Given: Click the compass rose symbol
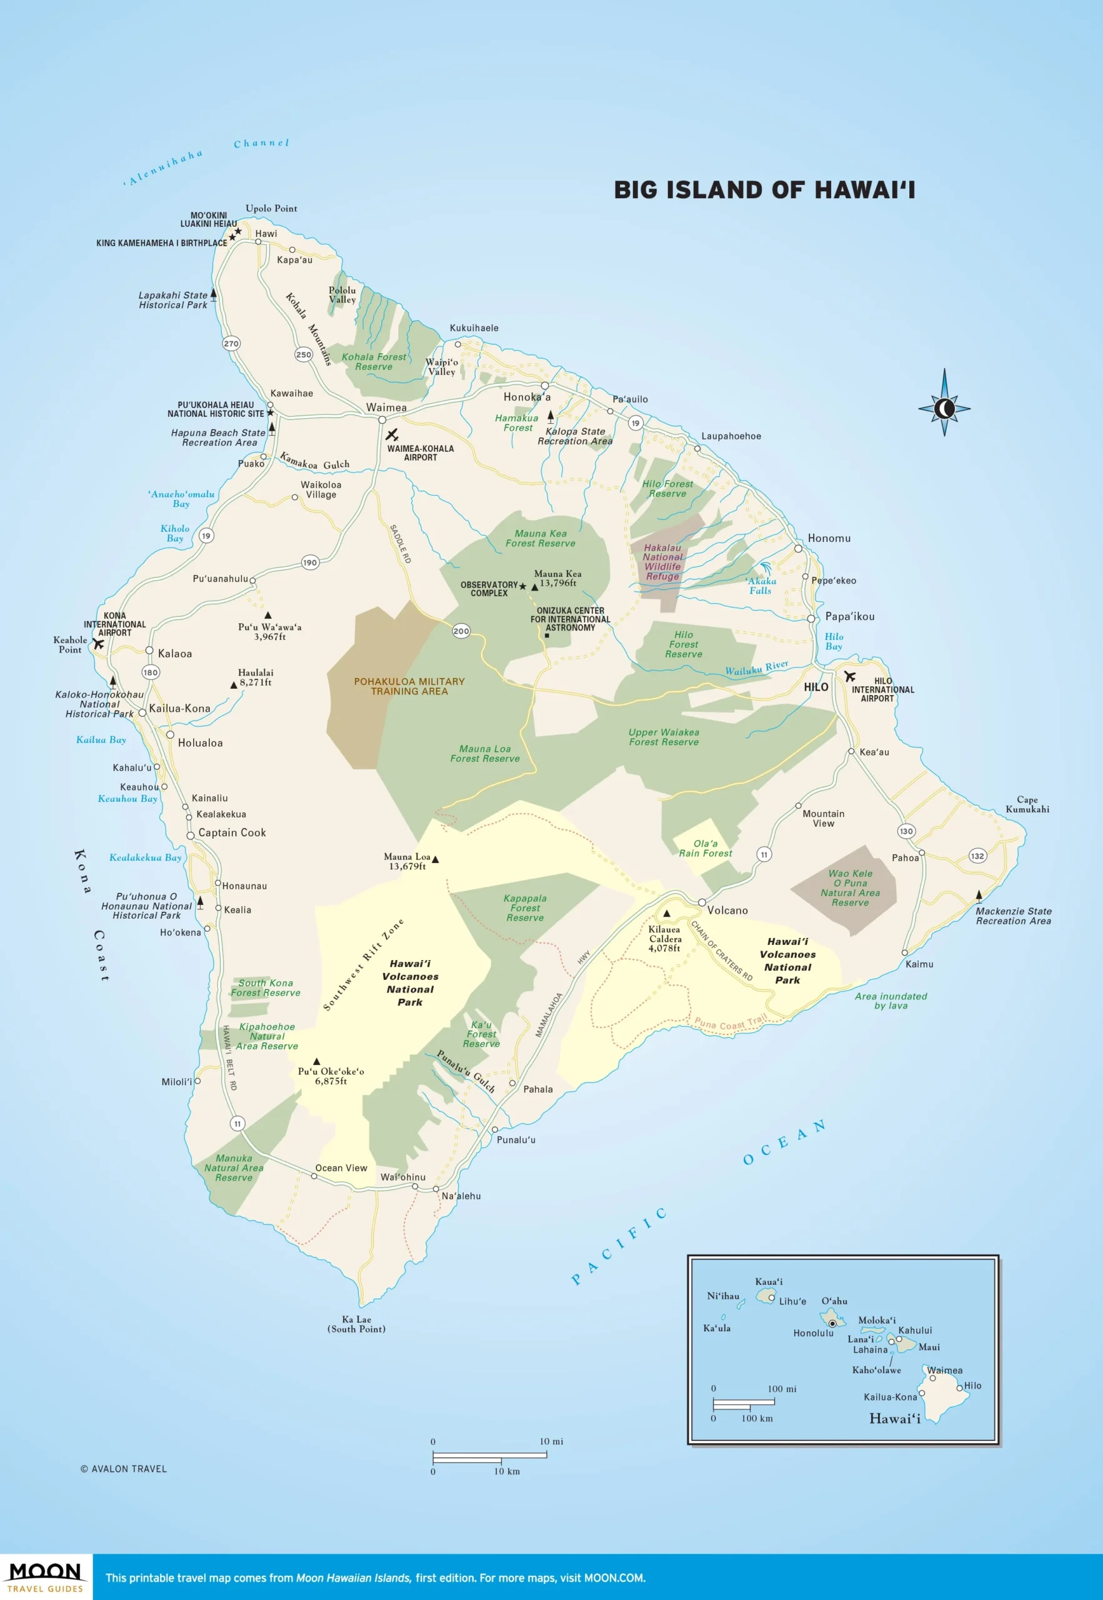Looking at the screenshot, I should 944,409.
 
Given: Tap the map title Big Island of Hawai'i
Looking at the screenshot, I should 764,190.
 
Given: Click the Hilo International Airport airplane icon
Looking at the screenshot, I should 849,676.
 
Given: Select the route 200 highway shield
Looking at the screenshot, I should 461,631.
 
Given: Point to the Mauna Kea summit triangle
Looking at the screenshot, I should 534,587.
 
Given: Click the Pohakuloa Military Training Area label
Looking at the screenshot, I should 409,686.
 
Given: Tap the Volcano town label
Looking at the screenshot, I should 727,910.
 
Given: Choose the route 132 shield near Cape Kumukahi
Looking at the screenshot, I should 977,856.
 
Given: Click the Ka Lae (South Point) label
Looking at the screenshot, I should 357,1324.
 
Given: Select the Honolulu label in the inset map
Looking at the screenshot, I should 813,1332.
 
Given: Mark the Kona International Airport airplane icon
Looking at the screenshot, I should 99,644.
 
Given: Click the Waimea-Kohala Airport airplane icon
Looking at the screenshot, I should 392,435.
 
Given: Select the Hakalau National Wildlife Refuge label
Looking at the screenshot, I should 662,562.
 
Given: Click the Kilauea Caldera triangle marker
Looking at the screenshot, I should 667,913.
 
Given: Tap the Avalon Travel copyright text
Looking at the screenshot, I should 124,1469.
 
